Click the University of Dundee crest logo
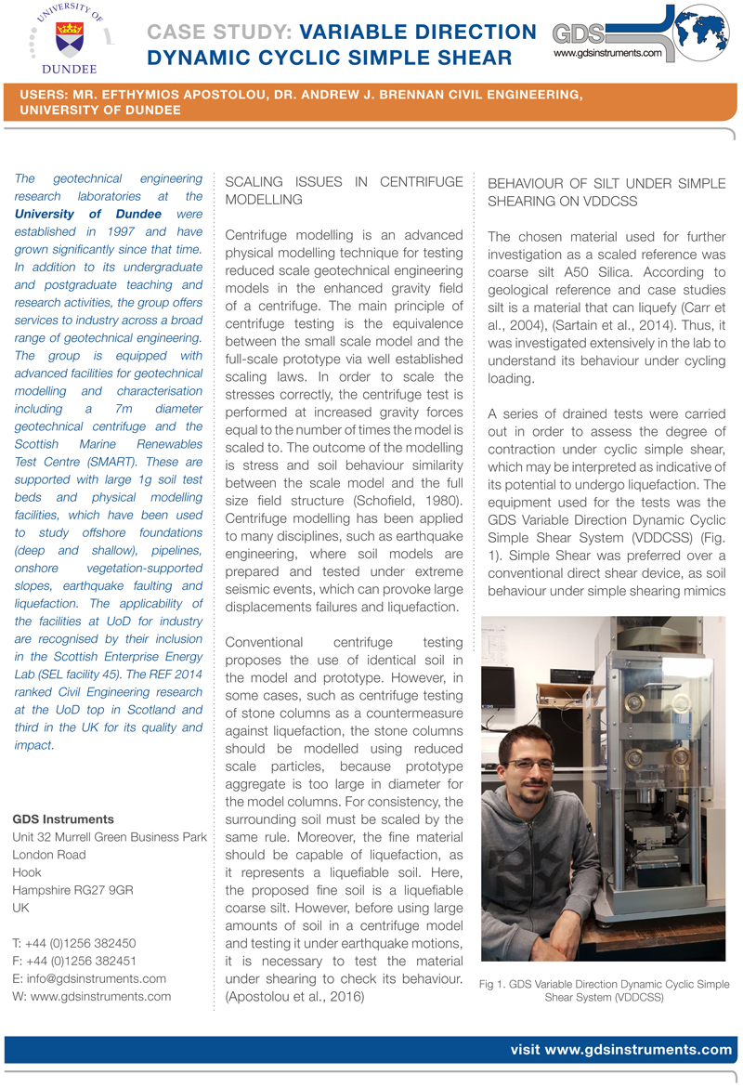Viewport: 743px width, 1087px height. click(67, 39)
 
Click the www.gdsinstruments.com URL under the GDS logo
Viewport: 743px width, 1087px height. click(607, 54)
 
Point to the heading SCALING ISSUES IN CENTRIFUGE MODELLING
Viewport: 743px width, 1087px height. click(344, 190)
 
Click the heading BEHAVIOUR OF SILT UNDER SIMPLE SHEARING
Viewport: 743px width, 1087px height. click(608, 190)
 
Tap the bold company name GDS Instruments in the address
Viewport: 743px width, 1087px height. click(63, 819)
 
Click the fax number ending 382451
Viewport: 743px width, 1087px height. click(84, 961)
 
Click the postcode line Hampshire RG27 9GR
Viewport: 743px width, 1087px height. click(73, 890)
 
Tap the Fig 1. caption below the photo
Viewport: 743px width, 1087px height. click(604, 991)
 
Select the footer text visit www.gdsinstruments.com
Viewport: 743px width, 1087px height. click(621, 1050)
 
